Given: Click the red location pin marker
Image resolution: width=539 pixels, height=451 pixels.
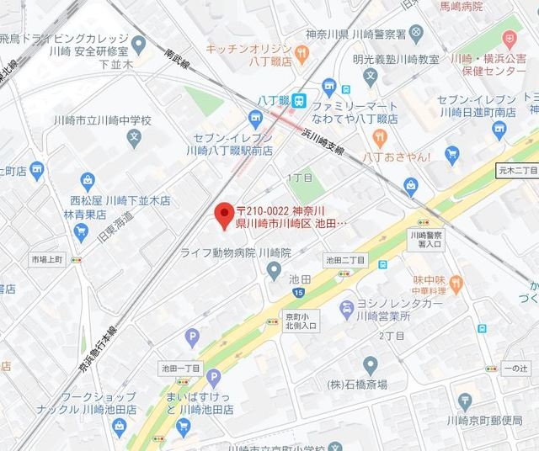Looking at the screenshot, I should [223, 215].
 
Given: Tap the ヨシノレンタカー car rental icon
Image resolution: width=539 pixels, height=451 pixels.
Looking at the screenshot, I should [346, 309].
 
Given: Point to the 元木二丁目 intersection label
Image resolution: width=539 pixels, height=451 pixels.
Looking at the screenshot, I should [516, 171].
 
